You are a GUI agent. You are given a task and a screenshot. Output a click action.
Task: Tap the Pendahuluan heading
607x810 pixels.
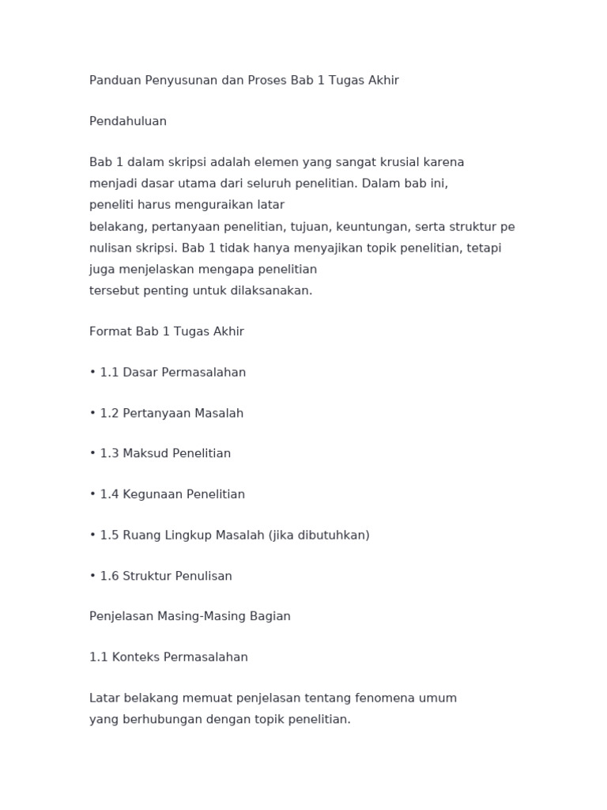click(x=128, y=122)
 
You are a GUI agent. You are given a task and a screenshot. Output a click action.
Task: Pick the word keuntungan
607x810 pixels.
click(x=372, y=227)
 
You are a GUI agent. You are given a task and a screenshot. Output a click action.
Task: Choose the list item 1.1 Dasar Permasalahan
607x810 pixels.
click(x=172, y=373)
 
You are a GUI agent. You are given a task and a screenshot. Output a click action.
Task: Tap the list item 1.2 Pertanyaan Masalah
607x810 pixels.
click(x=172, y=414)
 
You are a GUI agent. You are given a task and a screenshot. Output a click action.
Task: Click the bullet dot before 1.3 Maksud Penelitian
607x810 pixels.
click(x=92, y=454)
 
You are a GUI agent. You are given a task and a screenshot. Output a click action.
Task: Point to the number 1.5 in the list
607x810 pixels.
click(x=109, y=536)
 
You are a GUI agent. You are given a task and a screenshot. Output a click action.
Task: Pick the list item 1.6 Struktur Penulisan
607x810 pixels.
click(x=166, y=577)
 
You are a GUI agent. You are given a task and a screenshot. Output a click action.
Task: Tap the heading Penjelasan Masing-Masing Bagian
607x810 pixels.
click(x=190, y=617)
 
